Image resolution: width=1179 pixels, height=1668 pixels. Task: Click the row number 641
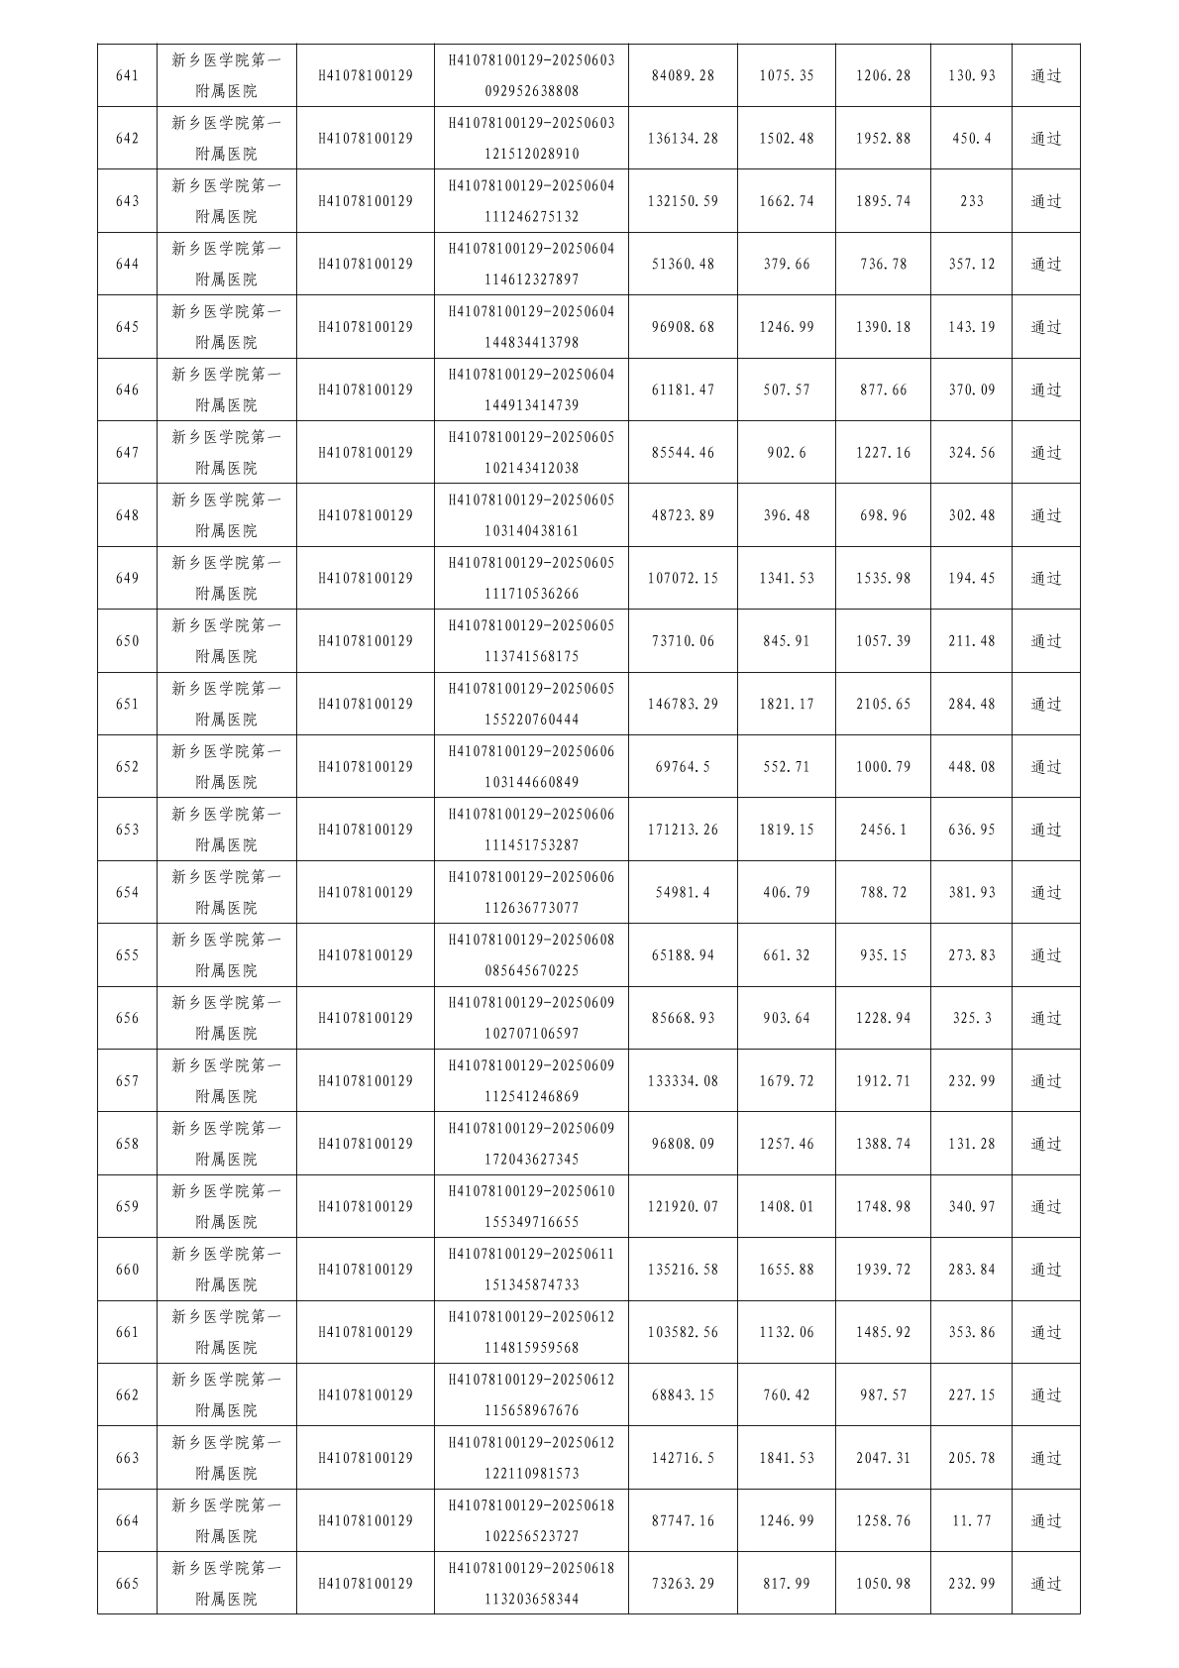tap(127, 75)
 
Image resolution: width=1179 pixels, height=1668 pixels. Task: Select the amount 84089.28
tap(683, 75)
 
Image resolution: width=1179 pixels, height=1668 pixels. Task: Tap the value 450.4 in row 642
tap(971, 139)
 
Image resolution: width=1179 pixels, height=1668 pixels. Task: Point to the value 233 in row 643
tap(971, 201)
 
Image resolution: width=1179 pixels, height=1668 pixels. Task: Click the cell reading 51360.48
tap(683, 265)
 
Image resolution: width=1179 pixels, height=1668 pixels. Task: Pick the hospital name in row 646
tap(226, 389)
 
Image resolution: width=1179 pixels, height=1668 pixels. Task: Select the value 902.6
tap(787, 453)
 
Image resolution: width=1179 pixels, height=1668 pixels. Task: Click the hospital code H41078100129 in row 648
tap(366, 515)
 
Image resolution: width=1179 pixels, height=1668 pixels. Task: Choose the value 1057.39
tap(883, 641)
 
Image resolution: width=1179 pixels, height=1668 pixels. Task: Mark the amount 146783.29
tap(683, 704)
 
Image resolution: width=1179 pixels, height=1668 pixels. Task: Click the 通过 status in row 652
tap(1046, 767)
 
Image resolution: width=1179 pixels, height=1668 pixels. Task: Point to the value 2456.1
tap(883, 830)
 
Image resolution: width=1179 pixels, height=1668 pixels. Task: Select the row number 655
tap(127, 955)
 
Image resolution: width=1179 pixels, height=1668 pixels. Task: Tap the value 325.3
tap(971, 1018)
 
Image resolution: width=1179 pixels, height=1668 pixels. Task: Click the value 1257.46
tap(787, 1144)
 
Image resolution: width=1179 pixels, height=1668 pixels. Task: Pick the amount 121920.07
tap(683, 1207)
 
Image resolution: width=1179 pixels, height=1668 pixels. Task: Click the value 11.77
tap(971, 1521)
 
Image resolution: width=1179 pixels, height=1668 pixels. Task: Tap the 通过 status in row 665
tap(1046, 1584)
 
